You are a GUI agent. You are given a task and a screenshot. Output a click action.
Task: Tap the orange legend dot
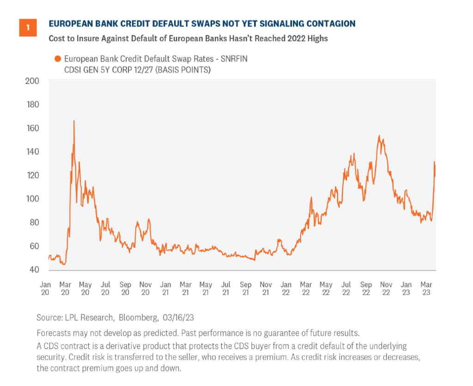pos(58,59)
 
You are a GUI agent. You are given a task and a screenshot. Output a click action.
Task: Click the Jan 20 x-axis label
pos(45,288)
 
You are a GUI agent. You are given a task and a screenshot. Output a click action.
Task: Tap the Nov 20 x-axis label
pos(146,288)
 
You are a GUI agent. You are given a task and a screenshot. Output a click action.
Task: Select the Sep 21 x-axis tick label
pos(245,288)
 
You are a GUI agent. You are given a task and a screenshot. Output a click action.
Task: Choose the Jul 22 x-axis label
pos(346,288)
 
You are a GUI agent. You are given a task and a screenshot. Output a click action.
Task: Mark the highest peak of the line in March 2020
pos(74,121)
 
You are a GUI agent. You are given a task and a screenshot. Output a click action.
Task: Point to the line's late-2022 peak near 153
pos(379,136)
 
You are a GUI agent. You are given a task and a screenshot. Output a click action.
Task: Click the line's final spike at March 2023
pos(434,162)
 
